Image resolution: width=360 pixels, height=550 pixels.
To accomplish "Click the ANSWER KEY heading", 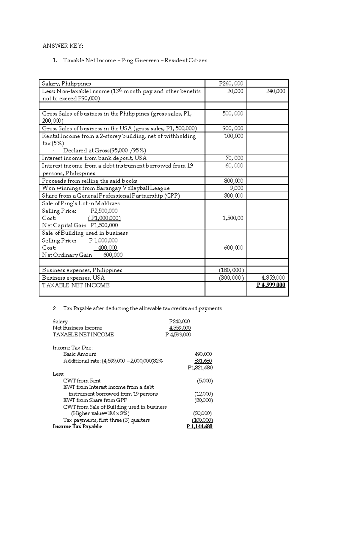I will (x=63, y=46).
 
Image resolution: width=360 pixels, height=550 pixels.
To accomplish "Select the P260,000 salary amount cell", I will (x=231, y=84).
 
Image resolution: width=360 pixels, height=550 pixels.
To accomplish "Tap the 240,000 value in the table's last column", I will (x=275, y=91).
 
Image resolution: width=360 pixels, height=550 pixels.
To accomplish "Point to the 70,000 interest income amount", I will (x=234, y=158).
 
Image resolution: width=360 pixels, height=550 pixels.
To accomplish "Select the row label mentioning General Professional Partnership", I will (x=111, y=196).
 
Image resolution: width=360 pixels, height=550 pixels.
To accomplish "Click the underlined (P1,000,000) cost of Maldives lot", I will (x=104, y=218).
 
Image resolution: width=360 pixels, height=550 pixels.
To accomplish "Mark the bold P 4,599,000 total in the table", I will (x=271, y=285).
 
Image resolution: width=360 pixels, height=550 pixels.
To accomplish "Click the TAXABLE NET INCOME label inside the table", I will (x=76, y=285).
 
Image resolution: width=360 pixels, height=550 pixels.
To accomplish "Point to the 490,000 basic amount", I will (x=203, y=354).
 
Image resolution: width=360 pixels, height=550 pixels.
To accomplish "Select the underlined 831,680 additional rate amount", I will (x=203, y=361).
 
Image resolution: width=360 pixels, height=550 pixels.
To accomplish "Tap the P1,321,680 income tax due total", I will (x=200, y=367).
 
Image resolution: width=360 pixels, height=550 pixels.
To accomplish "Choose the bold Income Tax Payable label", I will (x=77, y=427).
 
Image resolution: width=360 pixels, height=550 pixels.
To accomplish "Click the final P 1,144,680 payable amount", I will (x=199, y=427).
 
